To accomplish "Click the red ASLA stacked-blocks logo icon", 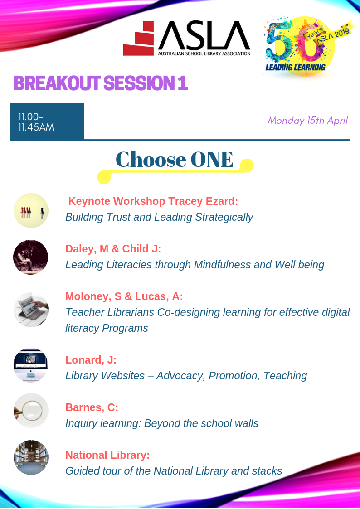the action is click(139, 39).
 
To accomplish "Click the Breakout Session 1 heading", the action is click(101, 83).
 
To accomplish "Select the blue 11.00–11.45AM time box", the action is click(48, 122).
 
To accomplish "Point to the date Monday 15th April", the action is click(307, 121).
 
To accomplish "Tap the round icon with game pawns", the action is click(31, 210).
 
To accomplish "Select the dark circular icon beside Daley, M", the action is click(31, 257).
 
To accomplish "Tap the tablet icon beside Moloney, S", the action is click(31, 310).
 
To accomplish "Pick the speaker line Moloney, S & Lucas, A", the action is click(124, 296).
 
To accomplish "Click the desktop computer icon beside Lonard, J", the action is click(31, 365).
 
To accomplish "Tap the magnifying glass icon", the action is click(31, 410).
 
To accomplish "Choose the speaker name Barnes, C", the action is click(92, 407).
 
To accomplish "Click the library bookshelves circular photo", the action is click(31, 458).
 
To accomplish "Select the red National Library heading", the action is click(107, 455).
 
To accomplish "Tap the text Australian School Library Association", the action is click(204, 53).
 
